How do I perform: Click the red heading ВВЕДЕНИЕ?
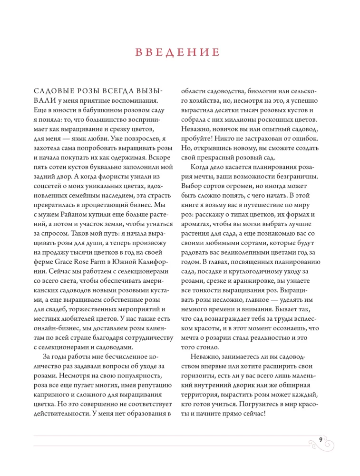click(x=180, y=52)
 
